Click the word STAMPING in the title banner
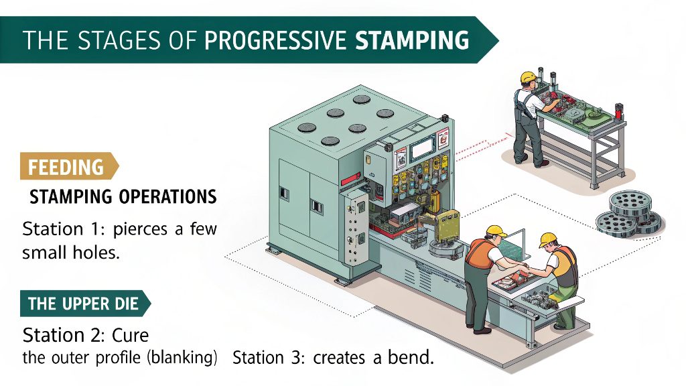411,40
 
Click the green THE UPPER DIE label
83,304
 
